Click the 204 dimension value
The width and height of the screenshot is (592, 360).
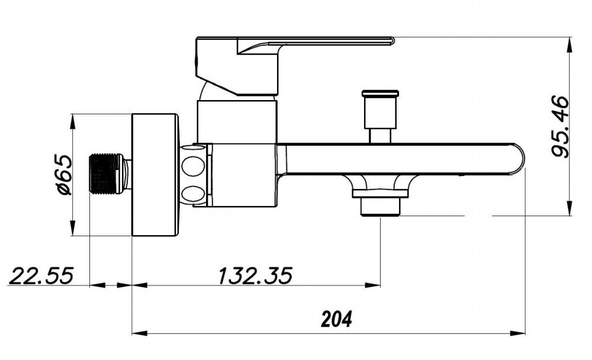tap(336, 319)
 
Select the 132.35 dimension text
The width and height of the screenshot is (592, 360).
tap(256, 276)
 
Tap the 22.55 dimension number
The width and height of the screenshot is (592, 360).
tap(41, 276)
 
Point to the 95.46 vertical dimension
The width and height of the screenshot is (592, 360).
tap(559, 126)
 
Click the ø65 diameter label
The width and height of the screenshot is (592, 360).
tap(63, 174)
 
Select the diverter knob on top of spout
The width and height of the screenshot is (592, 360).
tap(380, 110)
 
